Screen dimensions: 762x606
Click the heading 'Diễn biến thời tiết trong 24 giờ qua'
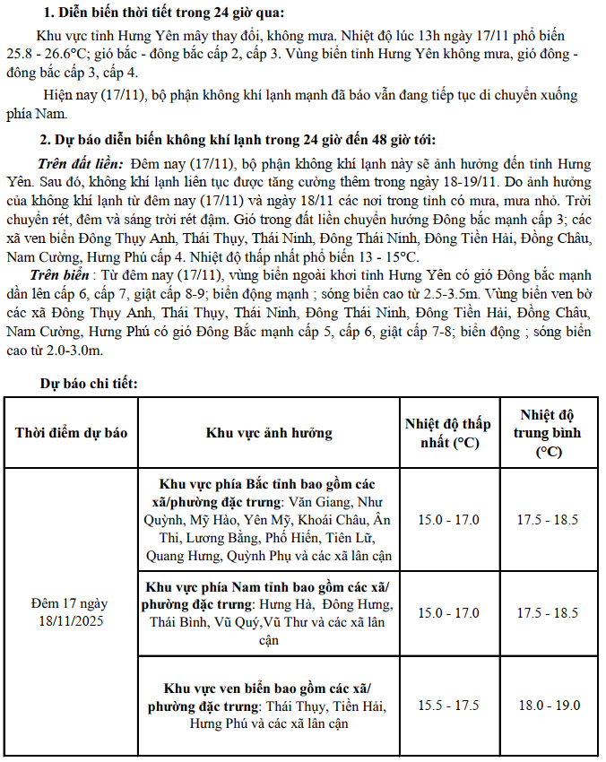point(161,13)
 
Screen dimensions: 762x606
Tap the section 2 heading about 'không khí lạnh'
point(238,140)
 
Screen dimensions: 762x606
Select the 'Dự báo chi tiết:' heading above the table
point(89,384)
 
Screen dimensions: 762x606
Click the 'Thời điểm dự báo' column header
point(71,433)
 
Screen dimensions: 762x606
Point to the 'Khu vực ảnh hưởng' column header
point(269,433)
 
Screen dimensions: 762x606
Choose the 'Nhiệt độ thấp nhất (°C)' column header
point(448,433)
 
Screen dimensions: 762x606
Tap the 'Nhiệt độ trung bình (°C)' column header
point(548,433)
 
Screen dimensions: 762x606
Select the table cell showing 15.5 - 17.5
point(448,706)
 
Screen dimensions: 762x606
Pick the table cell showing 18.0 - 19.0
point(548,706)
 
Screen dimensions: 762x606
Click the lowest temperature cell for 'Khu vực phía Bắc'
point(448,520)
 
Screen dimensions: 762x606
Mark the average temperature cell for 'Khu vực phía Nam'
point(548,613)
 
